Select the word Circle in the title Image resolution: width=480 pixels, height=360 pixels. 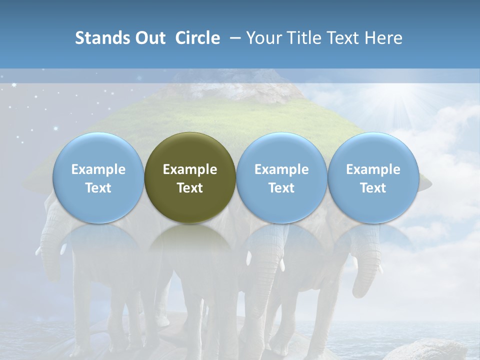(197, 38)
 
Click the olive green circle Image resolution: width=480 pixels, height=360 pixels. (190, 178)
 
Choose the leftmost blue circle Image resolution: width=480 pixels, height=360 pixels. (98, 178)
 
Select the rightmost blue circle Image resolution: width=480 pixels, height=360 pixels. (373, 178)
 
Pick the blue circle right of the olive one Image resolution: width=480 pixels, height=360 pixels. (281, 178)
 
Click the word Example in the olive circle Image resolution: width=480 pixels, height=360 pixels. (190, 169)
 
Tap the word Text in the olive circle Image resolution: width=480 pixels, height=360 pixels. (190, 188)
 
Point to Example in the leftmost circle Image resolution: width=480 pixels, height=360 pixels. (98, 169)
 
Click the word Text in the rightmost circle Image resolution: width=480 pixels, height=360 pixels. (373, 188)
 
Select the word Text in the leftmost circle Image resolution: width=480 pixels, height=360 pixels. (98, 188)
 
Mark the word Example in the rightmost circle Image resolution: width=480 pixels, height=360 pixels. (373, 169)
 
